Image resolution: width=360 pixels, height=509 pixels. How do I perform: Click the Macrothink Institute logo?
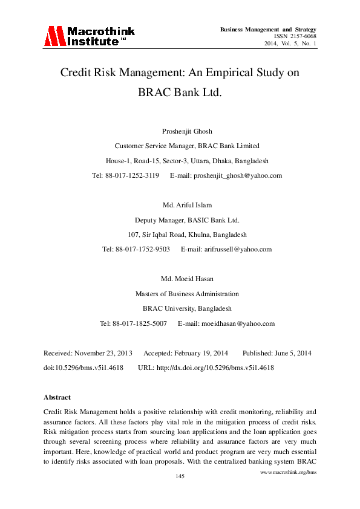88,36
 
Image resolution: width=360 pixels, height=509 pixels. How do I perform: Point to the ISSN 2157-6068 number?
296,36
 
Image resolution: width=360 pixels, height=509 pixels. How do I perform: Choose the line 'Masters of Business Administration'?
187,294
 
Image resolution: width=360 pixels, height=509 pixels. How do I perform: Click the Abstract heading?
57,397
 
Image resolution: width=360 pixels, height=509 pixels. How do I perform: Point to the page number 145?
180,477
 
